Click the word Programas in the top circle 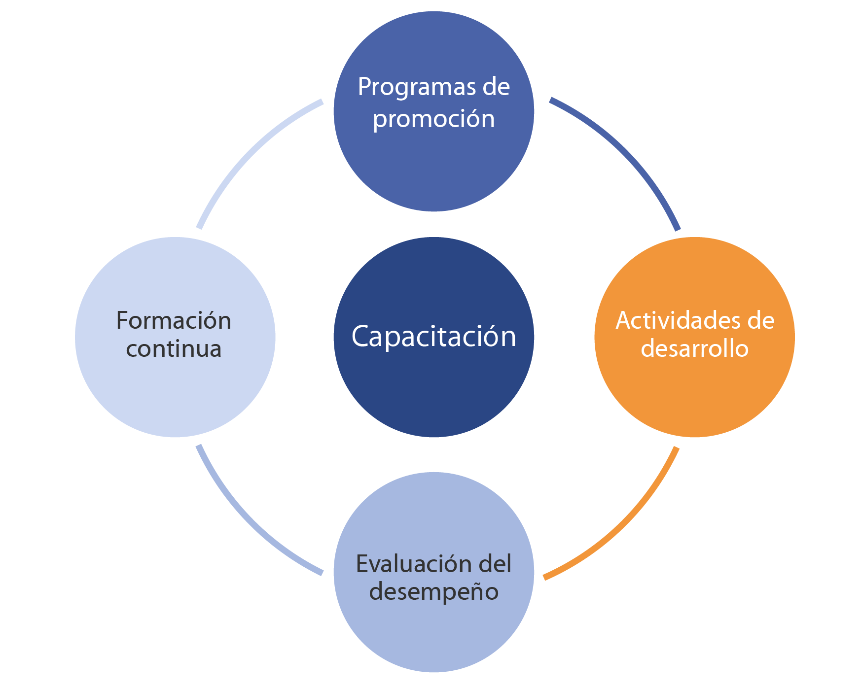point(412,87)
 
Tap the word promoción point(433,119)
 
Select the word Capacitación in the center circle point(433,337)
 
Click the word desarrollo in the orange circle point(694,349)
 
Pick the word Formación point(174,321)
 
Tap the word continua point(174,349)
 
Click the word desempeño point(433,592)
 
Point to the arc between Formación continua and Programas point(247,153)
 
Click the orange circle point(694,394)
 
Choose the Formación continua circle point(175,394)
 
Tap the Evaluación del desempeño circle point(433,636)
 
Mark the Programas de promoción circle point(433,168)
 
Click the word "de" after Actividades point(761,321)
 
